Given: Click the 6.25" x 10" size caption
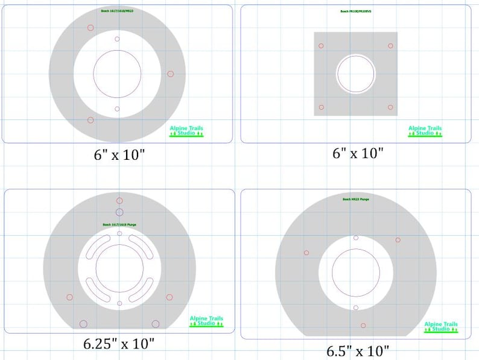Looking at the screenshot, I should (119, 344).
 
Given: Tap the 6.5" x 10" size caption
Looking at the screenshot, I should (358, 350).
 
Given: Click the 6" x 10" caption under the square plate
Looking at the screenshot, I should (358, 153).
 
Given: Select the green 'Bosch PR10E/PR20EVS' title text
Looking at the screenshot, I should (356, 11).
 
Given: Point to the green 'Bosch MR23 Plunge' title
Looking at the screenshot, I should (356, 199).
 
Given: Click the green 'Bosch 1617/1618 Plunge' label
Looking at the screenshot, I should (119, 225).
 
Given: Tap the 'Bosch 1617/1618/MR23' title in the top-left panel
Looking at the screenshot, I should (117, 11).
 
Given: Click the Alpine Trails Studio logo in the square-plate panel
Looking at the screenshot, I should (425, 131).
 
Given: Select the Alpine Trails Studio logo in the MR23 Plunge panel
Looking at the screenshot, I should (441, 327).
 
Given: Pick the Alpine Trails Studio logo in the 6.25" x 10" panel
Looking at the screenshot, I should (206, 321).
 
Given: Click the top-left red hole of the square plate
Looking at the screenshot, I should (322, 46).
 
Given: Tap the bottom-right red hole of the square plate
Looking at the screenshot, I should (390, 107).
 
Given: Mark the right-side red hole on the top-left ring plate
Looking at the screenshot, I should (171, 74).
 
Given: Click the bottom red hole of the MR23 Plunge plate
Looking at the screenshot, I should (364, 324).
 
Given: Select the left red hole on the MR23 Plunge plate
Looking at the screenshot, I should (306, 253).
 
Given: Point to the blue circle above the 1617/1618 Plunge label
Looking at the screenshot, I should (119, 212).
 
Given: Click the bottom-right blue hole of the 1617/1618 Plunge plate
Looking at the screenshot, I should (156, 324).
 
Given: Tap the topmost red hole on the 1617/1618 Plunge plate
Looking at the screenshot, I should (119, 201).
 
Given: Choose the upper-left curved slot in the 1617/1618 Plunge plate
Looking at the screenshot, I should (98, 247).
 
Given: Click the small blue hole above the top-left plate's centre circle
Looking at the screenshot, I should (117, 39).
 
